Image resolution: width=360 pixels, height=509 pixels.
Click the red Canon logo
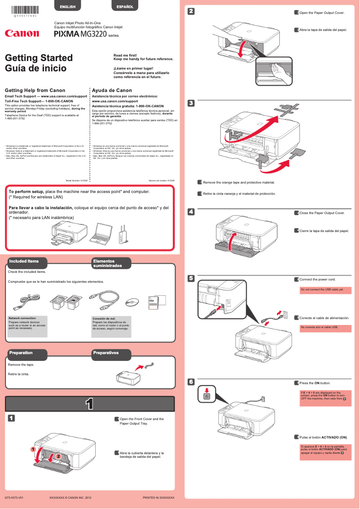[x=22, y=33]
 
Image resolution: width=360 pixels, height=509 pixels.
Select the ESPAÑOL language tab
[x=124, y=7]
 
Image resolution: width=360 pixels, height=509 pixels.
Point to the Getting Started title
[x=39, y=58]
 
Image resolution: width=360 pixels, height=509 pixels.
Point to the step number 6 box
[x=191, y=382]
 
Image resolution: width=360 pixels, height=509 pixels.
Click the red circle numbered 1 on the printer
[x=33, y=449]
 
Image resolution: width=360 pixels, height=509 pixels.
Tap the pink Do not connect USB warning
[x=325, y=290]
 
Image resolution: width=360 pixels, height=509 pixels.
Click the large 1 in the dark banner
[x=90, y=404]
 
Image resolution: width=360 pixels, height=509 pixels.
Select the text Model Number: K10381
[x=77, y=180]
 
